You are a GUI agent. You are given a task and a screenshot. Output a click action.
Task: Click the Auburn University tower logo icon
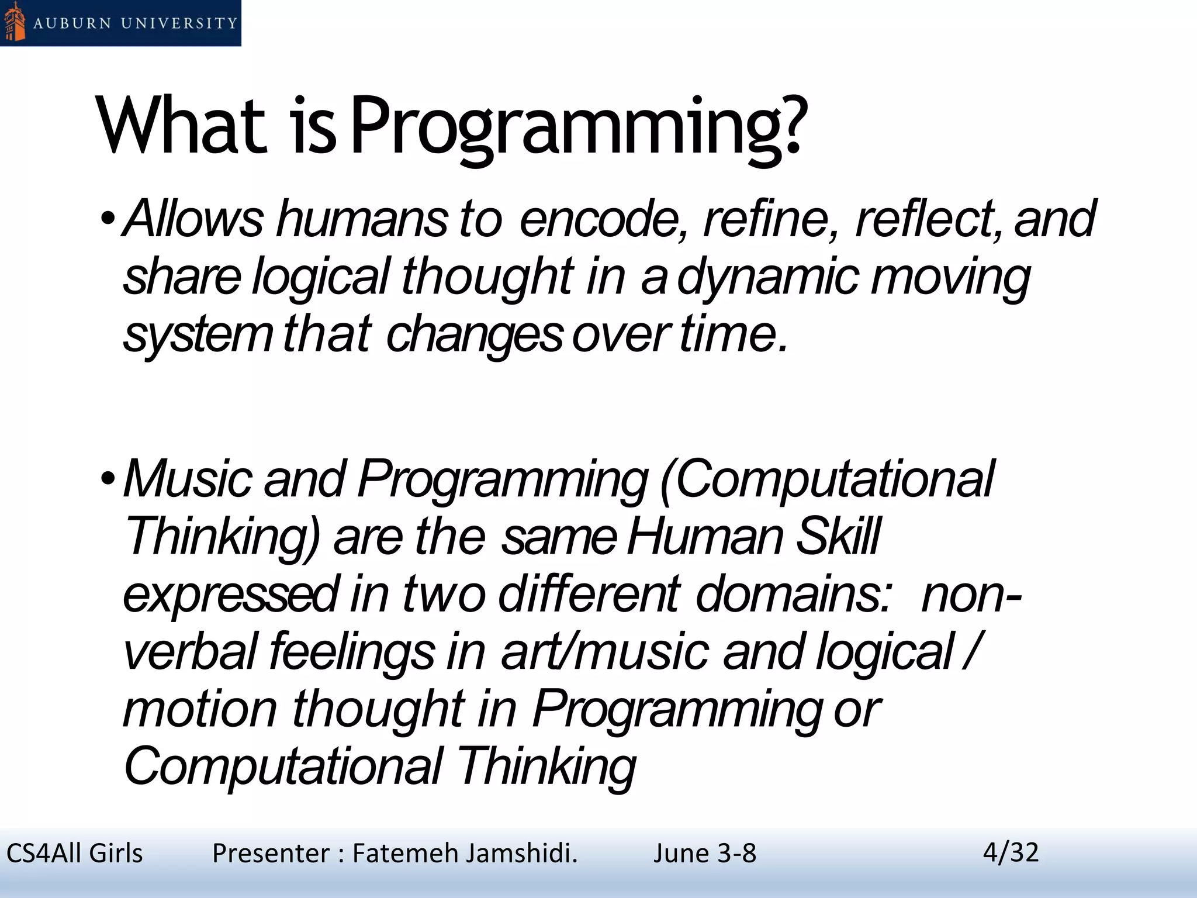(x=15, y=22)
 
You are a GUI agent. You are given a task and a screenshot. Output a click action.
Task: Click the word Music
(x=187, y=479)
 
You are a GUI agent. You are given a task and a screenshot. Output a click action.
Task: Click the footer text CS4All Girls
(x=74, y=854)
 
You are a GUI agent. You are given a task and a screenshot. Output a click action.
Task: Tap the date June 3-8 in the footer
(x=704, y=854)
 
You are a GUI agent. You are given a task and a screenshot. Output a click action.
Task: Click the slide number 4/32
(x=1011, y=852)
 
